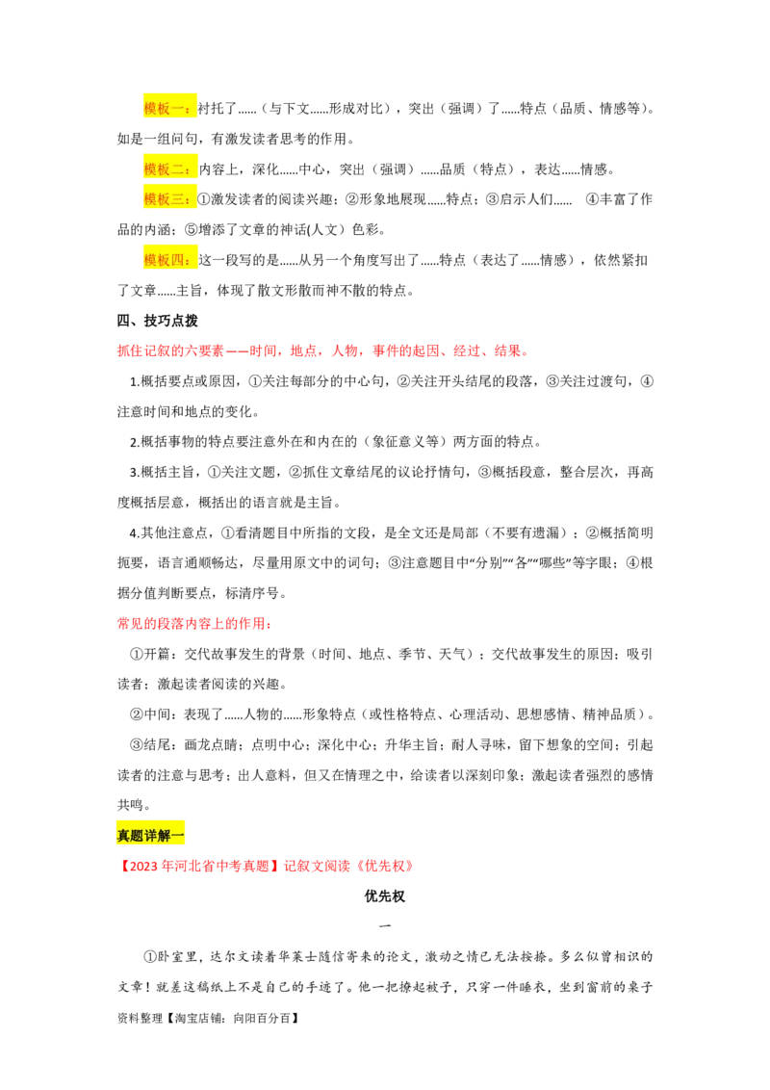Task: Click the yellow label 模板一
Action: [x=169, y=109]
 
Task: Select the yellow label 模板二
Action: [x=169, y=169]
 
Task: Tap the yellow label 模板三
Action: [x=169, y=199]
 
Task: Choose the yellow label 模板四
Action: [x=169, y=260]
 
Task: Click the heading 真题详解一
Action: [x=151, y=835]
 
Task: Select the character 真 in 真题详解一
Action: [x=124, y=835]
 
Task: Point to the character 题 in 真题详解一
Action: [x=138, y=835]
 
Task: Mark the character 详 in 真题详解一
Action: [x=151, y=835]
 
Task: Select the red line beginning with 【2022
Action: [x=266, y=867]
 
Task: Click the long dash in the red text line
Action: [x=235, y=352]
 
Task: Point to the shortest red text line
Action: [x=194, y=624]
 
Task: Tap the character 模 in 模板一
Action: [x=150, y=109]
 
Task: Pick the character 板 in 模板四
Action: [x=164, y=260]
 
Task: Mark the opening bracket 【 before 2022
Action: [x=122, y=867]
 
